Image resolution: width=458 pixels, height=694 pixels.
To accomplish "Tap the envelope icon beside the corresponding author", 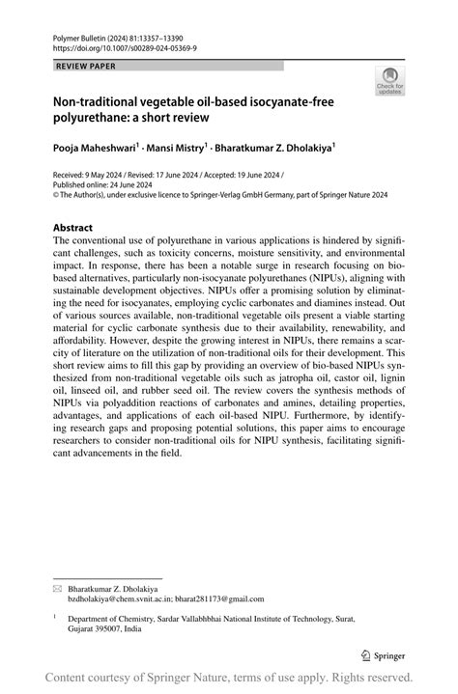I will (x=56, y=587).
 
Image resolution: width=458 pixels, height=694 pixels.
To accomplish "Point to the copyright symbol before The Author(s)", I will (x=55, y=193).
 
